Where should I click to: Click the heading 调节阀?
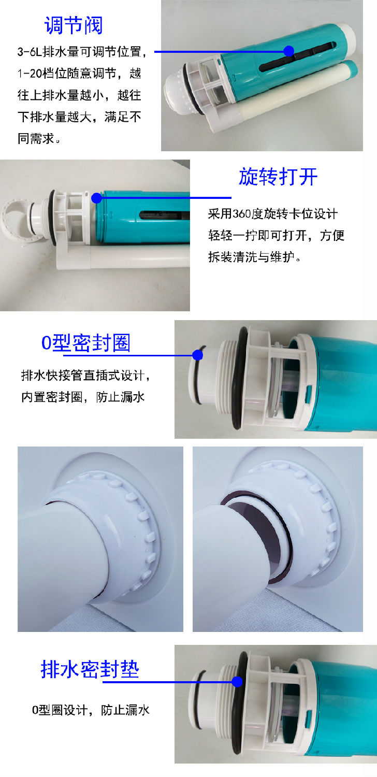point(74,25)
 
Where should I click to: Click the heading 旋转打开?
point(278,177)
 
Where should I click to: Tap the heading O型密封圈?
point(86,343)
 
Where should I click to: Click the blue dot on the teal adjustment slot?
point(289,51)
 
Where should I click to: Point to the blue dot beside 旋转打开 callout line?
point(97,198)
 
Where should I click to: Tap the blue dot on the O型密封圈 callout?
point(197,355)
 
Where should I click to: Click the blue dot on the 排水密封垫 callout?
point(237,682)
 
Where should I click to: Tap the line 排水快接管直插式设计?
point(86,375)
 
